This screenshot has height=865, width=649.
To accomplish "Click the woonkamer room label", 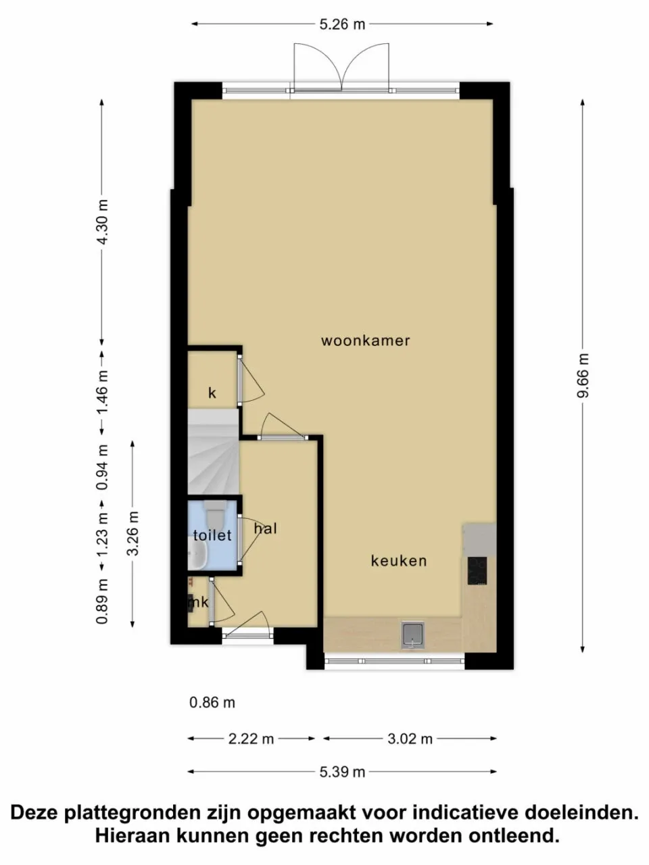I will (x=365, y=341).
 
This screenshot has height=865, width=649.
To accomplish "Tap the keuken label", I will (x=399, y=560).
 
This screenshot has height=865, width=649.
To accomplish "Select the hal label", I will (x=266, y=528).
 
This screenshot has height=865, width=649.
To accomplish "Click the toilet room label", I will (x=212, y=535).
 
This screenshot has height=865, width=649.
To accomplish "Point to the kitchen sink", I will (x=412, y=635).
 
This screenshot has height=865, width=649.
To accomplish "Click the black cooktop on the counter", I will (x=477, y=571).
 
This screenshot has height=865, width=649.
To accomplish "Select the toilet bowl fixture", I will (x=215, y=508).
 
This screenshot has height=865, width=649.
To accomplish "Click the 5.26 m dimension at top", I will (x=342, y=24).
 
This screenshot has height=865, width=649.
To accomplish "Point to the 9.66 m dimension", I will (x=583, y=376).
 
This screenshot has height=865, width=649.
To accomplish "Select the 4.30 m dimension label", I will (x=102, y=223).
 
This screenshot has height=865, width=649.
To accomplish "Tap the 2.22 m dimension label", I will (x=251, y=739).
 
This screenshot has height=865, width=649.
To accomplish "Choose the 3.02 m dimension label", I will (x=410, y=739).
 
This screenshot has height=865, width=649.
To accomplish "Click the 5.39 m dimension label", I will (x=342, y=772).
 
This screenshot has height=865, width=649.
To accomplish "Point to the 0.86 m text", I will (x=212, y=703).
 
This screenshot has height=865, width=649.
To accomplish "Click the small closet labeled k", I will (x=212, y=393).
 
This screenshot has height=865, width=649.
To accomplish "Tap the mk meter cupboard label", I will (x=199, y=601).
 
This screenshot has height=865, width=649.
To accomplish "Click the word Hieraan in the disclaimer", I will (x=132, y=836).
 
